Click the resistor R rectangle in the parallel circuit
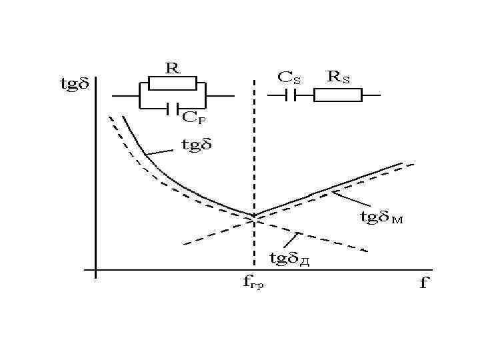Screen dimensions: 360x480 172,83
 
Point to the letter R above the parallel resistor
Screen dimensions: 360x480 173,68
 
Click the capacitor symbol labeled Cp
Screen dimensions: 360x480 172,107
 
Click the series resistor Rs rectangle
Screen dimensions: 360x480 338,95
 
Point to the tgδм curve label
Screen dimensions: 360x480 381,217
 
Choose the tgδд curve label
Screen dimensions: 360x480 289,257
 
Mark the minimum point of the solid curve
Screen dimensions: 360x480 254,216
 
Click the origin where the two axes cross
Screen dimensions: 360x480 97,271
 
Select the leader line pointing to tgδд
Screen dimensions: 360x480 291,241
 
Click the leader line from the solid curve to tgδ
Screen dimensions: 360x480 159,151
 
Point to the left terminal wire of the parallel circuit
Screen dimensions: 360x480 123,95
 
